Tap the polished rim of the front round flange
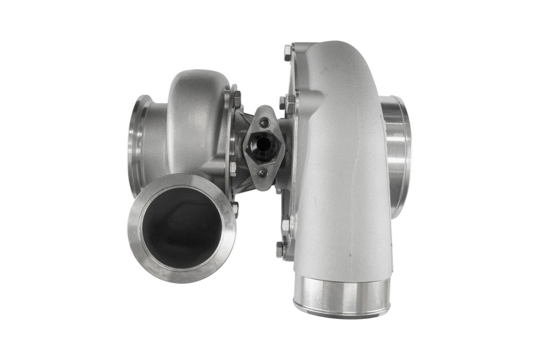tap(135, 233)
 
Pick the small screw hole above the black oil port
tap(264, 122)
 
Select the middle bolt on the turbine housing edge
tap(233, 166)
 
